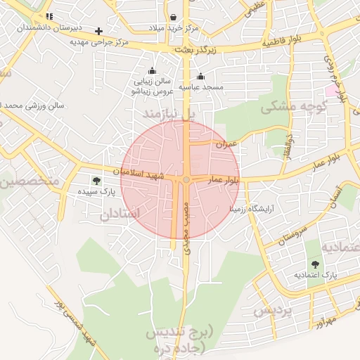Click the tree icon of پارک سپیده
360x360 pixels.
pos(96,180)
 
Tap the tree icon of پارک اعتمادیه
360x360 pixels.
pos(314,264)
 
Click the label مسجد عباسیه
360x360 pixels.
pos(201,87)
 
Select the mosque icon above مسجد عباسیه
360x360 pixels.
pos(201,77)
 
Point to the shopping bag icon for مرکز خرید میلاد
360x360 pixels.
pos(173,17)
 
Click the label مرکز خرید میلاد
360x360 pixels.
pos(173,28)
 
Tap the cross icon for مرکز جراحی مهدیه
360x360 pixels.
pos(98,31)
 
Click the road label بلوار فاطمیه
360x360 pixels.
pos(287,41)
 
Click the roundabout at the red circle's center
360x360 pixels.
pos(186,180)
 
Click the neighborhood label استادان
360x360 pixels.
pos(121,212)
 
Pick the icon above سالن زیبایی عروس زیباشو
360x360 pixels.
pos(152,70)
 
